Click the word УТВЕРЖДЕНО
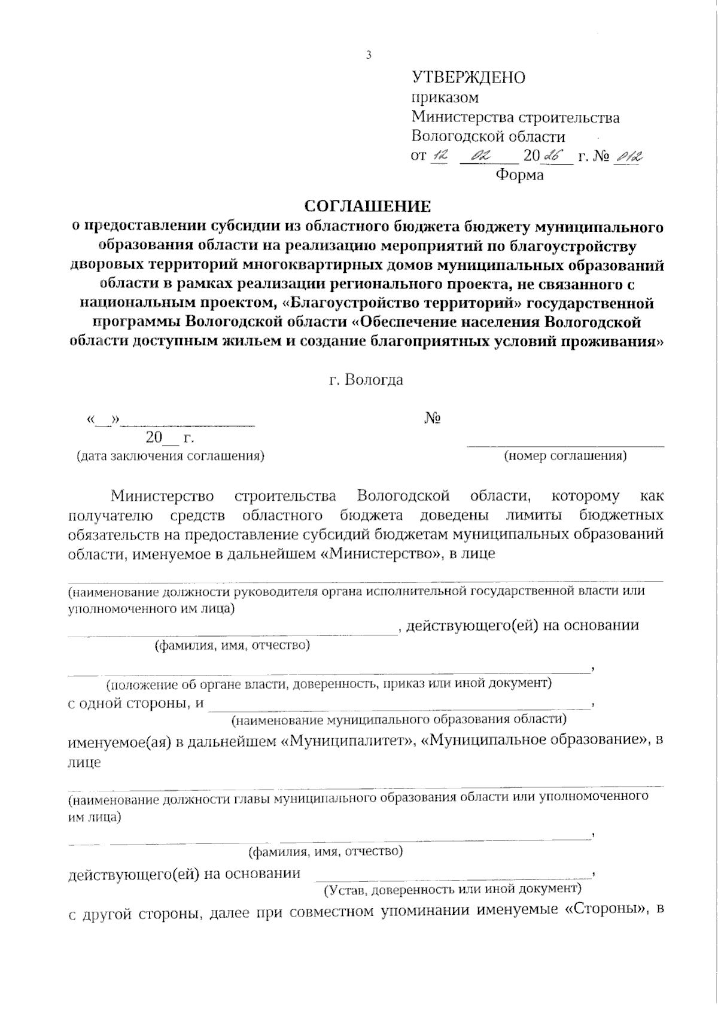[468, 78]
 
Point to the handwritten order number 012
[629, 157]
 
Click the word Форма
[519, 175]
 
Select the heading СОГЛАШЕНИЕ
[367, 206]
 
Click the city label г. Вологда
[366, 380]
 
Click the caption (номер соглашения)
[565, 456]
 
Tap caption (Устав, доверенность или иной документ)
[452, 890]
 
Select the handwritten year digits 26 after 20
[548, 157]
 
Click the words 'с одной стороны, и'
[136, 704]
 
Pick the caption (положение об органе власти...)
[328, 683]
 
